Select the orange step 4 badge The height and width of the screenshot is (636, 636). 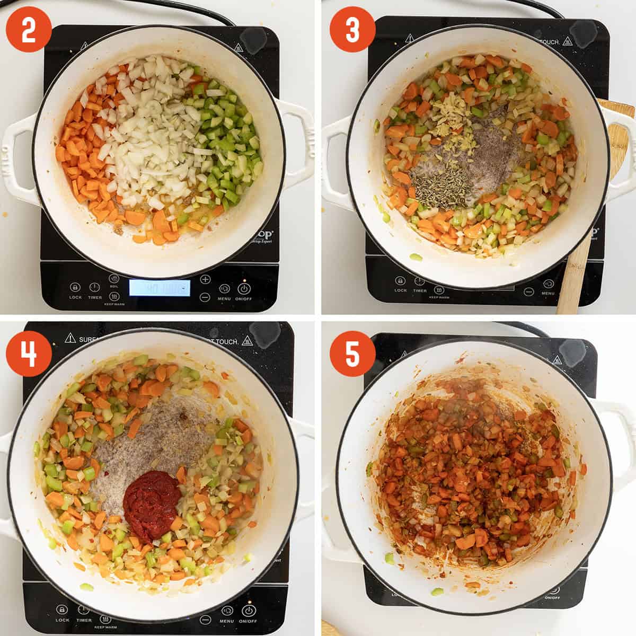(29, 353)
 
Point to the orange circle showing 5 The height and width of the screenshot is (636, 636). (352, 353)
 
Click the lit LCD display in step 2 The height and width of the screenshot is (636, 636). (160, 288)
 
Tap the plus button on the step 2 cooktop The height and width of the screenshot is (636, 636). (205, 279)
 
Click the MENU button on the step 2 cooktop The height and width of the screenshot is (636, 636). (224, 289)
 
